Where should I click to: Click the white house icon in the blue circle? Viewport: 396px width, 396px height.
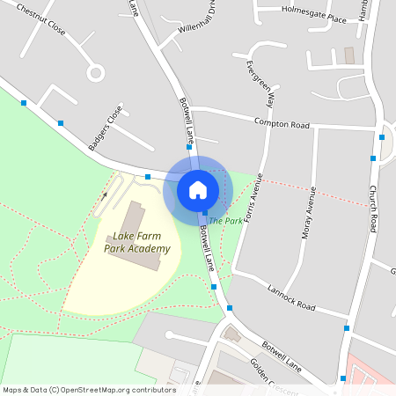[198, 189]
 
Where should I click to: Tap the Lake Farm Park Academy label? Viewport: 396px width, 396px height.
[136, 243]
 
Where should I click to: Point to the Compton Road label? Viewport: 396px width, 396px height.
[282, 123]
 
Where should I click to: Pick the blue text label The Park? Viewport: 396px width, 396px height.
[225, 220]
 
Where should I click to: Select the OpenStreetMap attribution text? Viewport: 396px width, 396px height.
[89, 389]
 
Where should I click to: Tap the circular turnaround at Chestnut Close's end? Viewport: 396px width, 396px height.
[95, 72]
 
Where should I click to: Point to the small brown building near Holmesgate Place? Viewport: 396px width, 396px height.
[349, 55]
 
